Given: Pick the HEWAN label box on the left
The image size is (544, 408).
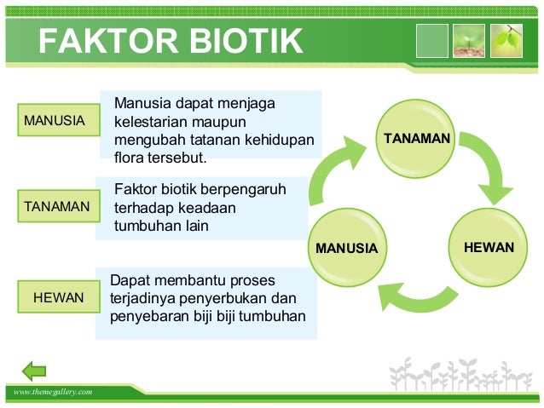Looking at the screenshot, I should [58, 297].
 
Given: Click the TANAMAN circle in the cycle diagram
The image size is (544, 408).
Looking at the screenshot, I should [416, 137].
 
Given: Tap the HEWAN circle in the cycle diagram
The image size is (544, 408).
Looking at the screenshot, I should [489, 247].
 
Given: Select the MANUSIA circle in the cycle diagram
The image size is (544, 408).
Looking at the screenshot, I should [346, 248].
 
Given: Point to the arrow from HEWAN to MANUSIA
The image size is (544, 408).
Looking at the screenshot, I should [417, 296].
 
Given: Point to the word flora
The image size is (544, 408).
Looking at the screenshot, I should [129, 158].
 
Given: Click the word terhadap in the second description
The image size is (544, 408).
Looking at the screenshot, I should [142, 208].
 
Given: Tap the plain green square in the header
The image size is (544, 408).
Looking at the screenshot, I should [431, 40].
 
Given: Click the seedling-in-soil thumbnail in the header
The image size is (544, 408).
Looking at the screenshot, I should [469, 40].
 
